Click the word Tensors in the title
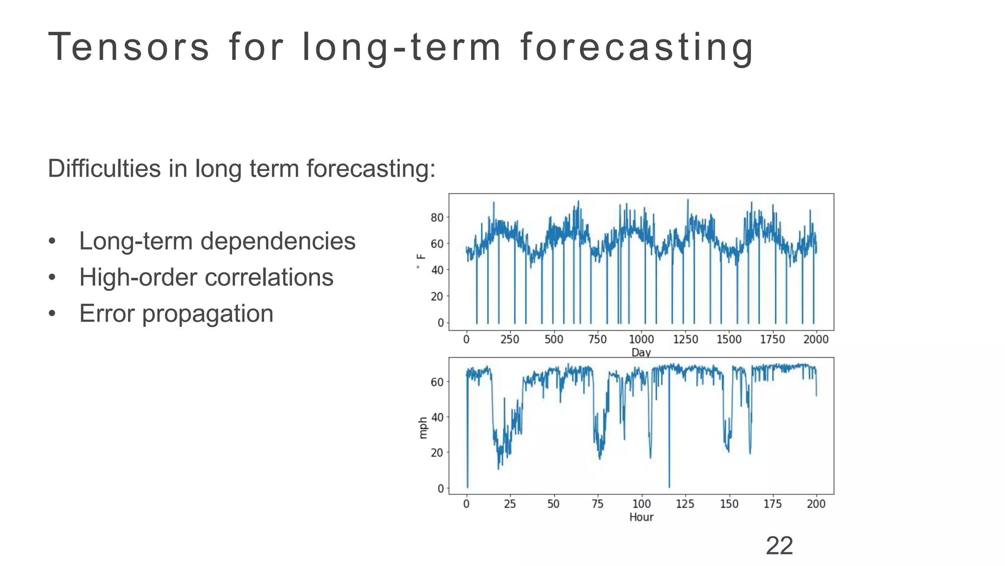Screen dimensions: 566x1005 [129, 47]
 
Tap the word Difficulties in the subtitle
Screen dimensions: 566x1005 [104, 169]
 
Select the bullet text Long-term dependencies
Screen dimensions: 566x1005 [217, 241]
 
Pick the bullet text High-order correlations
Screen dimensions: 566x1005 [206, 278]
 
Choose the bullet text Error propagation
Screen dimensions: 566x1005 [176, 314]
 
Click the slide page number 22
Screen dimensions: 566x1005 [779, 546]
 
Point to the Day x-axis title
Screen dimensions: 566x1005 [641, 352]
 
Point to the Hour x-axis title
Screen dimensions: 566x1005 [641, 517]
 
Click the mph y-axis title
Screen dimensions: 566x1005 [423, 427]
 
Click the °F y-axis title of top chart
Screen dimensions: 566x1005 [421, 260]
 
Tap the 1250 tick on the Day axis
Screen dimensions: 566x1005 [685, 340]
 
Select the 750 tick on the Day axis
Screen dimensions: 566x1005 [597, 340]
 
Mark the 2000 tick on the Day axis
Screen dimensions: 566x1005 [816, 340]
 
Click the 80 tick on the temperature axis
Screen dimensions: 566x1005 [437, 218]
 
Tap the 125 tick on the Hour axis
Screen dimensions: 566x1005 [685, 504]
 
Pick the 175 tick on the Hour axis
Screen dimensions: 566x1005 [772, 504]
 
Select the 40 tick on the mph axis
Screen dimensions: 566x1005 [437, 418]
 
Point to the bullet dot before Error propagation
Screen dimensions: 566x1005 [52, 314]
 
